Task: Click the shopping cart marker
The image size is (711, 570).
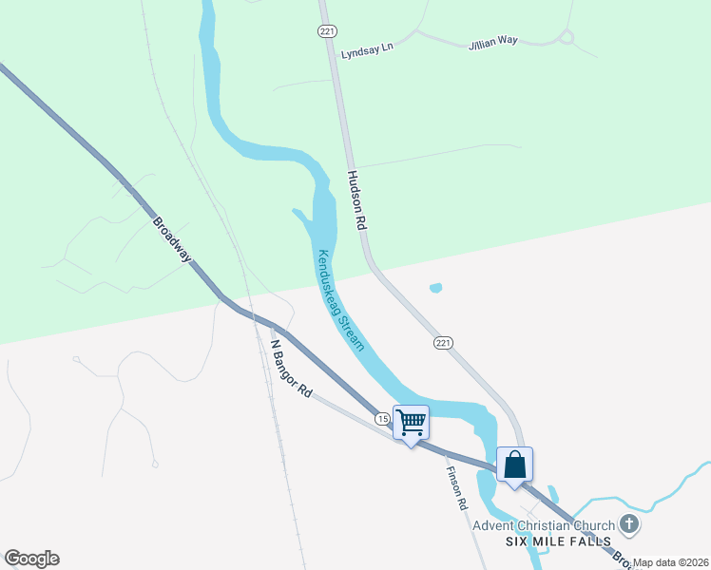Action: point(412,422)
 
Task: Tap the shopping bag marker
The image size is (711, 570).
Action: point(514,464)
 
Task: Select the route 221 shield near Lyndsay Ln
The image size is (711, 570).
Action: point(327,31)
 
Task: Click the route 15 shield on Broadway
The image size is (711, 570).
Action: point(381,419)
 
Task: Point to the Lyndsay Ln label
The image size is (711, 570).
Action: point(367,47)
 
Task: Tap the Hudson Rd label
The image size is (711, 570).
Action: point(357,200)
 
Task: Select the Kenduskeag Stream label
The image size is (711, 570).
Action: point(340,299)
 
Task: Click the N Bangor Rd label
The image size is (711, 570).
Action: point(291,368)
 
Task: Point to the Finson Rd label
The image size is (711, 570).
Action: point(459,489)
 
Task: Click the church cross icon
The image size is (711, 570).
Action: point(628,523)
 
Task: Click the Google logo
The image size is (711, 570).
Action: point(31,559)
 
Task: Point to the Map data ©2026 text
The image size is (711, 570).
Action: point(671,562)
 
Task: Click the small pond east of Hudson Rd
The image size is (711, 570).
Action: point(435,288)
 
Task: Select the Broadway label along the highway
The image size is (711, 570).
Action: point(172,239)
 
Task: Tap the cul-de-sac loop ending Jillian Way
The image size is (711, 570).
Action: point(567,37)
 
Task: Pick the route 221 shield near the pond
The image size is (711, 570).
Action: point(443,342)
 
